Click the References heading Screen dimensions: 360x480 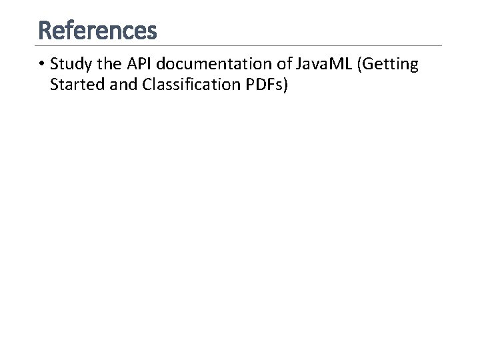click(98, 30)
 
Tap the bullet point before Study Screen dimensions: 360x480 click(41, 65)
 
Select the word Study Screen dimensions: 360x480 click(69, 65)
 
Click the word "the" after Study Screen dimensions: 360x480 click(105, 65)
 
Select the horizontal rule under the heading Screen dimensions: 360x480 click(240, 45)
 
